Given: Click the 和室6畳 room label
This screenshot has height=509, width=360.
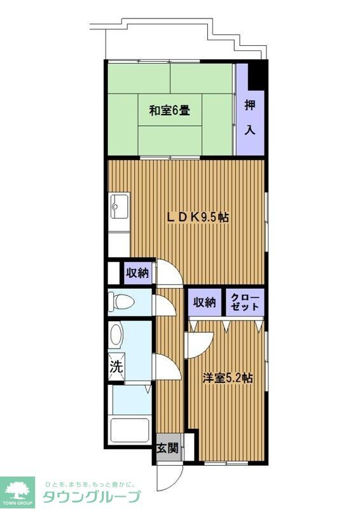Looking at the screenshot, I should click(169, 111).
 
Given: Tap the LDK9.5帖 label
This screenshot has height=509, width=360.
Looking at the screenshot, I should click(198, 217).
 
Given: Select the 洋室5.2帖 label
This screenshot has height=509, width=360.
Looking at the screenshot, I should click(228, 377).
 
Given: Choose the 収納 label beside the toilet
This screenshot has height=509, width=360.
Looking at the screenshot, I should click(137, 273).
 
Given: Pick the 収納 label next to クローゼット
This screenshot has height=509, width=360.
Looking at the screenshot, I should click(205, 303).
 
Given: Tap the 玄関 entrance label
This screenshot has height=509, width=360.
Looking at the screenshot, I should click(167, 448).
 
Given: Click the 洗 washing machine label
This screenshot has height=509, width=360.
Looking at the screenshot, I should click(116, 366).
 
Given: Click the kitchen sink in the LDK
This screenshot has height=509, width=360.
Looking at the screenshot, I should click(118, 207).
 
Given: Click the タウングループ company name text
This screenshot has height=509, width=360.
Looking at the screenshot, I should click(91, 496).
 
